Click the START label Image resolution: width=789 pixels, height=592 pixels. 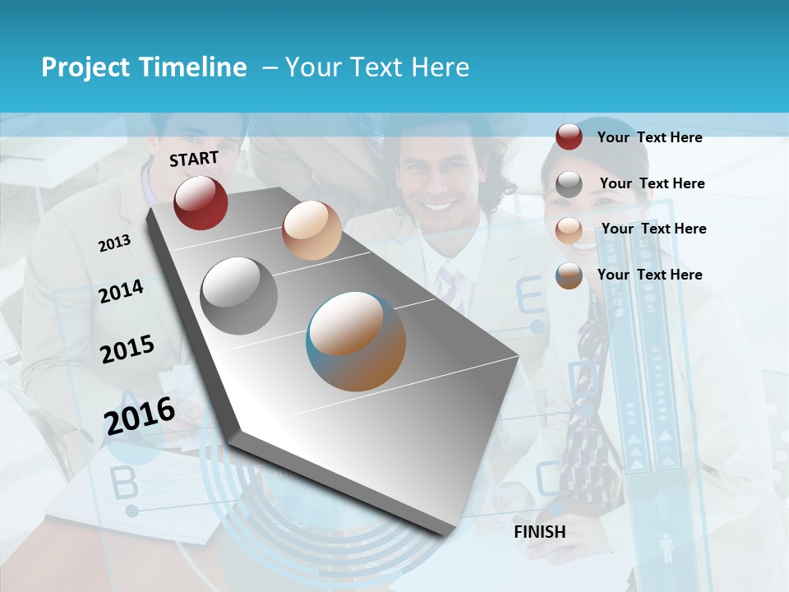pyautogui.click(x=194, y=159)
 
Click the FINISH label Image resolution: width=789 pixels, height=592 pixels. pyautogui.click(x=540, y=532)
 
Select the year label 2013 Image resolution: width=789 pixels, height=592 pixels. pyautogui.click(x=114, y=243)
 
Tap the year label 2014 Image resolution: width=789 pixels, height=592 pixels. pyautogui.click(x=121, y=292)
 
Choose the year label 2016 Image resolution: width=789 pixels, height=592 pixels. pyautogui.click(x=140, y=415)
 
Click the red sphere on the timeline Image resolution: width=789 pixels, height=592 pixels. pyautogui.click(x=201, y=202)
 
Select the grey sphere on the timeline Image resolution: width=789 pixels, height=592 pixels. pyautogui.click(x=239, y=295)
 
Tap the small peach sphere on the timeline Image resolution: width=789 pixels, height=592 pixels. pyautogui.click(x=311, y=230)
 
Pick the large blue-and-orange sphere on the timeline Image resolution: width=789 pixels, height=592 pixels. pyautogui.click(x=356, y=341)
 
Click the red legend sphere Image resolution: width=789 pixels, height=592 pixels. pyautogui.click(x=569, y=136)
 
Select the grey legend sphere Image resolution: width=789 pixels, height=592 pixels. pyautogui.click(x=569, y=184)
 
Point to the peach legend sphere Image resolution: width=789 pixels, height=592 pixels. pyautogui.click(x=569, y=229)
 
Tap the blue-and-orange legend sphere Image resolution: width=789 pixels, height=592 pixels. pyautogui.click(x=569, y=275)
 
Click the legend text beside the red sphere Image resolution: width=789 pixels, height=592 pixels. pyautogui.click(x=649, y=137)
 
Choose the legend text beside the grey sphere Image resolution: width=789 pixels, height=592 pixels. pyautogui.click(x=652, y=183)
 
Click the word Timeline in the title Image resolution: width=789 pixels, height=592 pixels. pyautogui.click(x=193, y=67)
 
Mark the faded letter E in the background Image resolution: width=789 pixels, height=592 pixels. pyautogui.click(x=529, y=297)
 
